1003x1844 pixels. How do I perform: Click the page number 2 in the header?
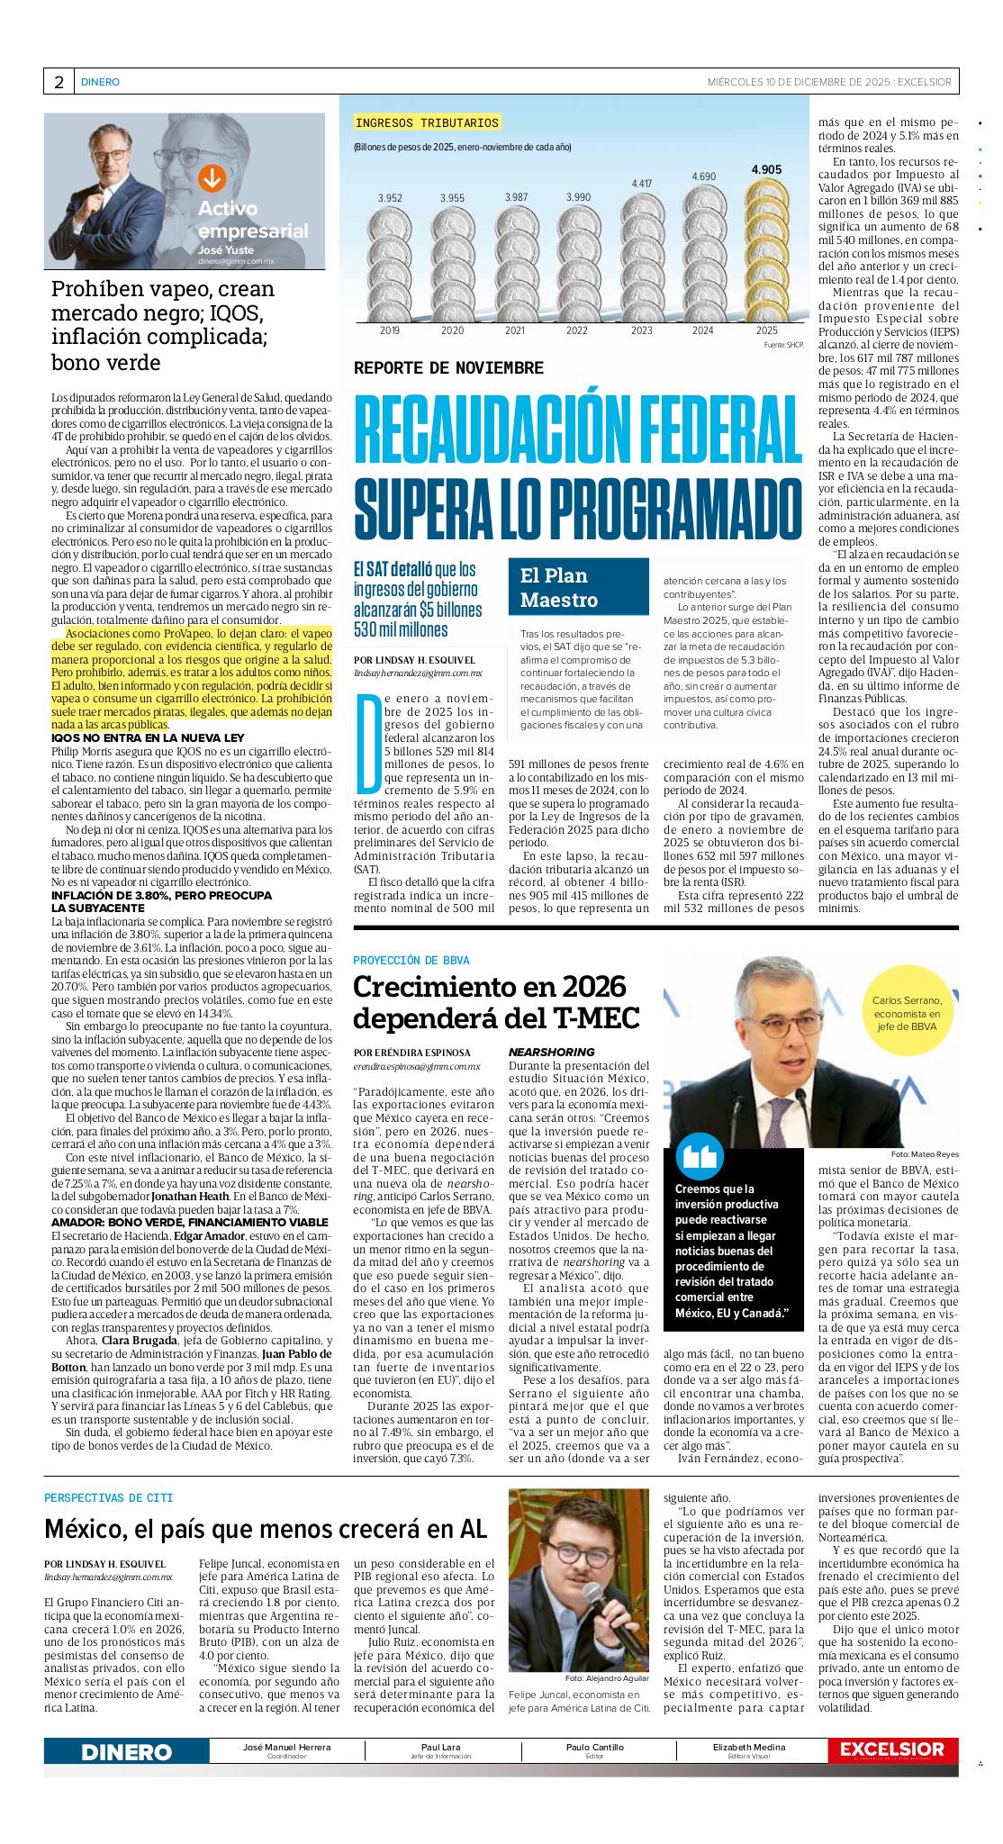[x=59, y=82]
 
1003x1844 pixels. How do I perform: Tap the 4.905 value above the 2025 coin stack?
[x=766, y=169]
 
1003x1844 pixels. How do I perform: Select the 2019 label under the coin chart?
[x=390, y=331]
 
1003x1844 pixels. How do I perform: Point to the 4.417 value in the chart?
[x=641, y=184]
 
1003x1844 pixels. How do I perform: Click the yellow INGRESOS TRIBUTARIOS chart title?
[x=427, y=122]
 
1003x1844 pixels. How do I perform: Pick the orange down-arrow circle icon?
[x=212, y=178]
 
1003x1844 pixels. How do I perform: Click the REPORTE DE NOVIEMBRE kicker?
[x=448, y=368]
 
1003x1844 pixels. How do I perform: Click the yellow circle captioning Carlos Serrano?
[x=907, y=1012]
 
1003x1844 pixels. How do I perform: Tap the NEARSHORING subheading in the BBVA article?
[x=551, y=1052]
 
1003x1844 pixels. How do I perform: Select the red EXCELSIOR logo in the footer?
[x=892, y=1749]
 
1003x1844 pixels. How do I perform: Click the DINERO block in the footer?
[x=126, y=1752]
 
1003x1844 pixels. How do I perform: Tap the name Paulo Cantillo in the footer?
[x=594, y=1747]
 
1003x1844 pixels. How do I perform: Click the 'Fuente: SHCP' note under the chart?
[x=782, y=345]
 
